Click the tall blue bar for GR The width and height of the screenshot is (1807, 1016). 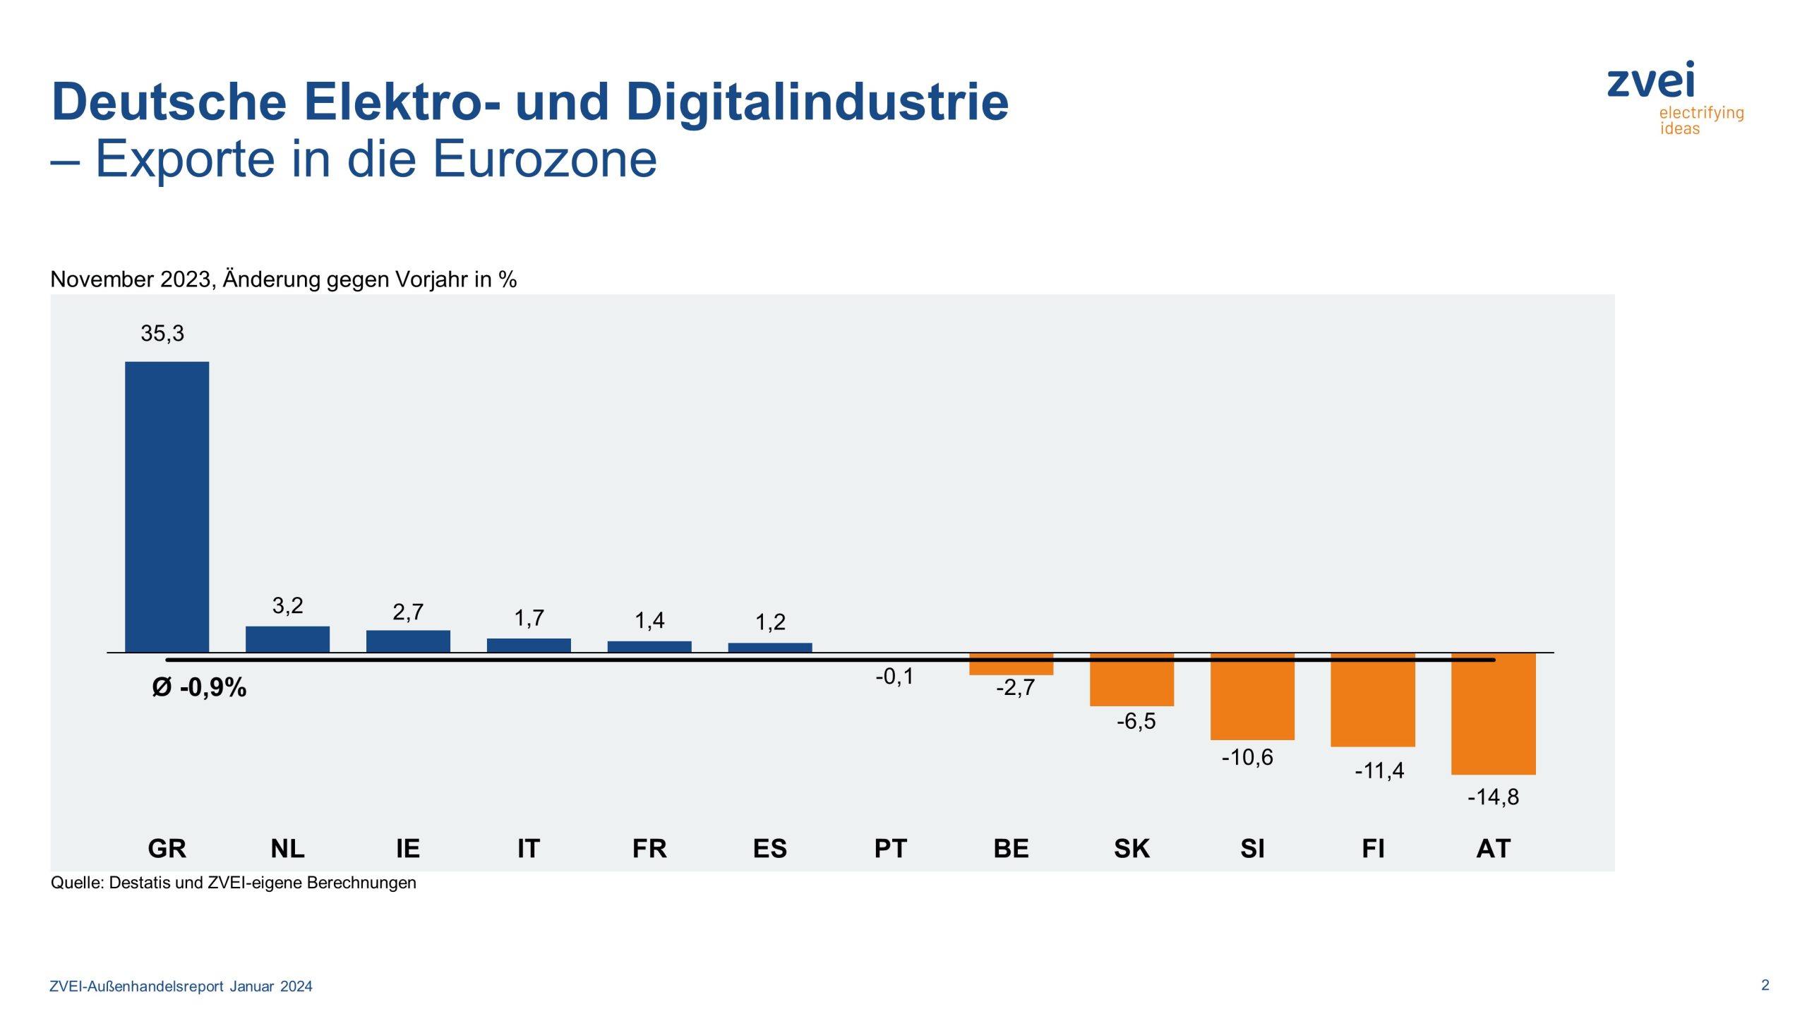(167, 507)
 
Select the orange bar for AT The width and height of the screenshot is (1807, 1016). (1493, 714)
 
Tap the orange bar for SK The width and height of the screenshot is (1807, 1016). (1131, 679)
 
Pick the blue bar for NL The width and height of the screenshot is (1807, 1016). (287, 639)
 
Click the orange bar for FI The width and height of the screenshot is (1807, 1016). (1372, 700)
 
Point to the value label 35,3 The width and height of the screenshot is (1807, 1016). (162, 333)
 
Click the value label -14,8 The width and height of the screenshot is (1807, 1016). (1492, 797)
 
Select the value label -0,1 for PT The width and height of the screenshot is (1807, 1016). (894, 677)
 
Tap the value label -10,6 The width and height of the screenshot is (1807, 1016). (1247, 758)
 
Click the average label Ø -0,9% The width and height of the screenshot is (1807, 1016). (199, 687)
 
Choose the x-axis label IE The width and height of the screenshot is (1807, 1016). (407, 848)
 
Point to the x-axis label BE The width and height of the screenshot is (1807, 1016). (1011, 848)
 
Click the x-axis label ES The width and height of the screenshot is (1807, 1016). (769, 848)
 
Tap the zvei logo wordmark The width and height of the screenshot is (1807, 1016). (1650, 82)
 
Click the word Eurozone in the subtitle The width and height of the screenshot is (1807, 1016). (544, 159)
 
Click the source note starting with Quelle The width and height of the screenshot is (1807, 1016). (233, 883)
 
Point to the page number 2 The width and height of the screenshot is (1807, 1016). (1765, 985)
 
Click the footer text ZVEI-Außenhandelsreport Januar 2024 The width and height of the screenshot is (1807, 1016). (181, 986)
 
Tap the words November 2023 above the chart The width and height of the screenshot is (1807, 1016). (131, 279)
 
